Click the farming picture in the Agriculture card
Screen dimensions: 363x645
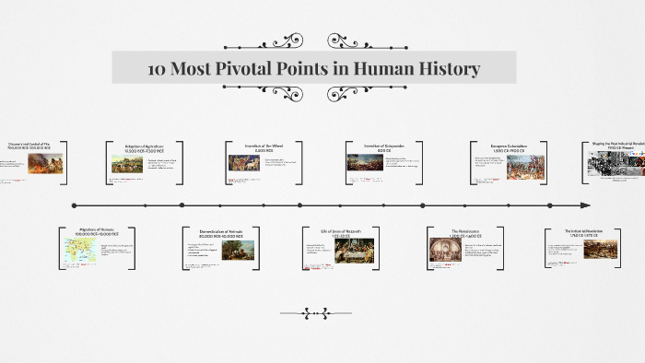(126, 165)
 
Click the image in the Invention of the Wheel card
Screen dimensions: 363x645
(243, 163)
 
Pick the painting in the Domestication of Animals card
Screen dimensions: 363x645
(238, 250)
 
